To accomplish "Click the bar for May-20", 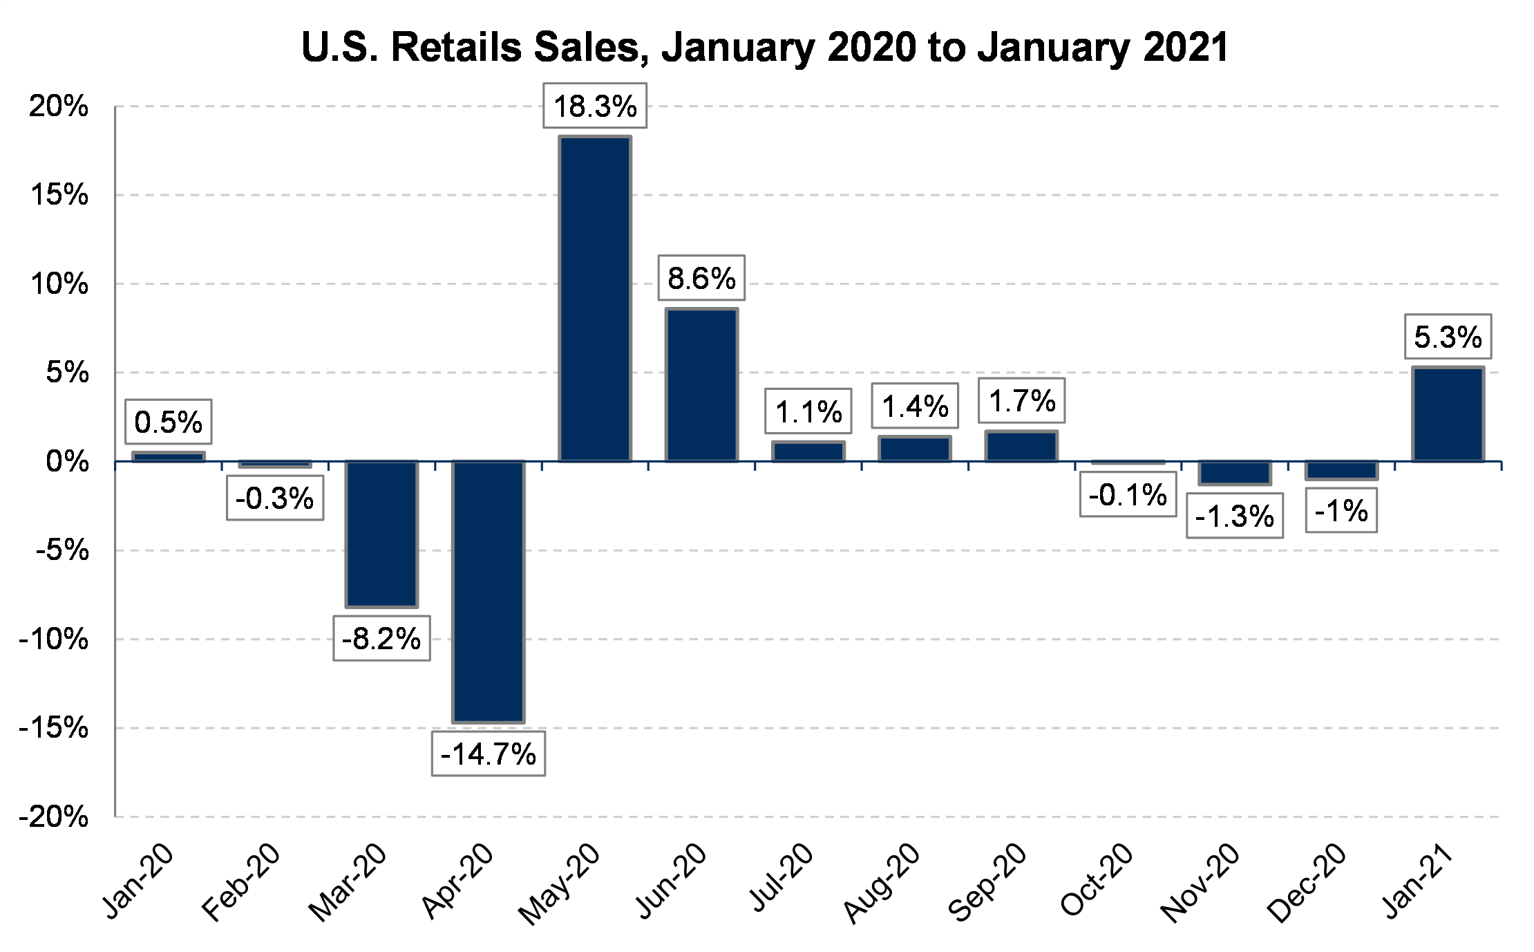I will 595,299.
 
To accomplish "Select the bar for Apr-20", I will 488,592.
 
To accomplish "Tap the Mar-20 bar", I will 381,534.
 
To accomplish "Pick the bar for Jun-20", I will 701,385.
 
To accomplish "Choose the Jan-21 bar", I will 1448,414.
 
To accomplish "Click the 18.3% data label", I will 595,106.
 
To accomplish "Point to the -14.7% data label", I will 488,754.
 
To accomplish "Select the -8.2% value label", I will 381,638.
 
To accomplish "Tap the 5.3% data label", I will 1448,337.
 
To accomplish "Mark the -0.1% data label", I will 1128,494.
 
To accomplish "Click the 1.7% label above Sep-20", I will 1021,400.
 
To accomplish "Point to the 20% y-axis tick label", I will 59,106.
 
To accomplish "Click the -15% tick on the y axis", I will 55,727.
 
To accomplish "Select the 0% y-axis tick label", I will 68,461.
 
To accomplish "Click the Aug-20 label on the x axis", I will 882,883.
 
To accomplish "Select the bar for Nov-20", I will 1234,473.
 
